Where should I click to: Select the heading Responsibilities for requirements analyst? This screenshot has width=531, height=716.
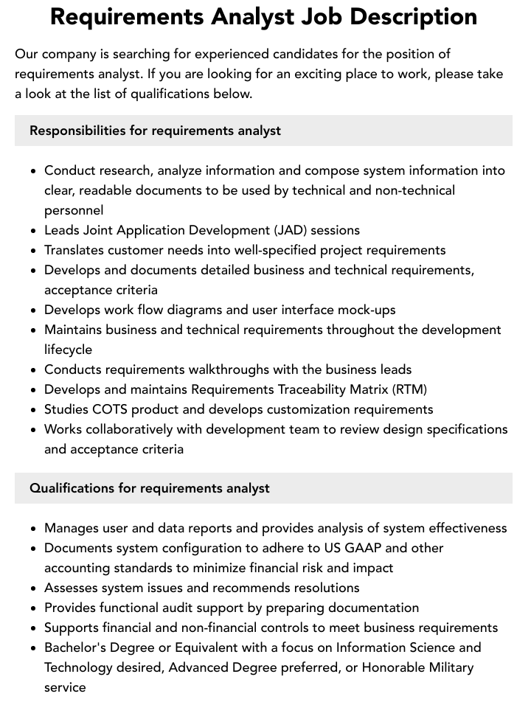[x=155, y=131]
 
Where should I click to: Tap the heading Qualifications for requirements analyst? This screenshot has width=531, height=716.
[x=149, y=488]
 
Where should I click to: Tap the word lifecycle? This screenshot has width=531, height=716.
[x=68, y=350]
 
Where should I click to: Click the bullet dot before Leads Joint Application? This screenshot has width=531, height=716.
[x=34, y=231]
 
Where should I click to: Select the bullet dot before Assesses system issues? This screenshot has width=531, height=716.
[x=34, y=588]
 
